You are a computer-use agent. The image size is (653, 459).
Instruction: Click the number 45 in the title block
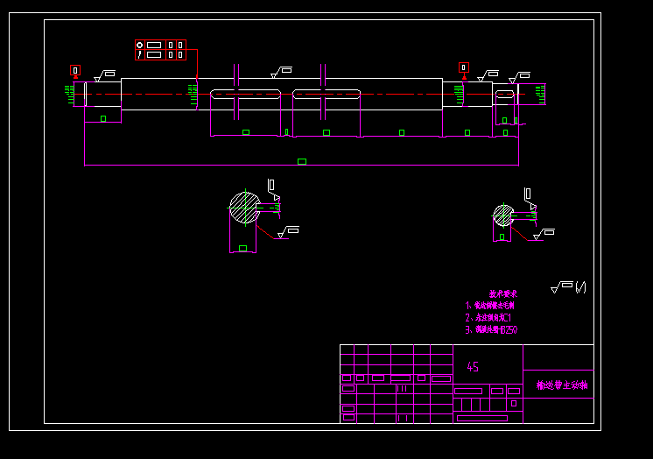tap(473, 367)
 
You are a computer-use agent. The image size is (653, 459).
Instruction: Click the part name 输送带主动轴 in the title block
tap(561, 385)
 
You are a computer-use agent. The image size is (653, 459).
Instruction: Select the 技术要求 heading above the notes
tap(502, 293)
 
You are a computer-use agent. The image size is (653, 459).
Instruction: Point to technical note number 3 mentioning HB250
tap(491, 330)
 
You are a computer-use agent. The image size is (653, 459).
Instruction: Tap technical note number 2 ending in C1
tap(488, 318)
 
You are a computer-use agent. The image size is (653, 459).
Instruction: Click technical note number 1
tap(489, 306)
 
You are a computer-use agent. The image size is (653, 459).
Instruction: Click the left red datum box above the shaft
tap(75, 70)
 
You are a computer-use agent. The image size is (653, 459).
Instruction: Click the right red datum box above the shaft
tap(464, 67)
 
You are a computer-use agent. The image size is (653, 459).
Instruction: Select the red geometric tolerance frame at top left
tap(160, 49)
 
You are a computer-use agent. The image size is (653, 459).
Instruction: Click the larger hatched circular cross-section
tap(244, 208)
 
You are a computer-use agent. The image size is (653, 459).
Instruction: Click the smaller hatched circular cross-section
tap(503, 215)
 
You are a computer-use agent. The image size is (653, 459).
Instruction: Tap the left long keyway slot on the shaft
tap(245, 94)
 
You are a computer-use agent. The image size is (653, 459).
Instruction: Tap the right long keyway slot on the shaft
tap(326, 94)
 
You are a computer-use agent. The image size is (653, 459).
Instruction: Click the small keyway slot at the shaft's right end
tap(505, 94)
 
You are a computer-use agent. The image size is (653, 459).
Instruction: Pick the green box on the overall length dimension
tap(302, 161)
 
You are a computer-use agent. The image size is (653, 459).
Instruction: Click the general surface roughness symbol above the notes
tap(562, 286)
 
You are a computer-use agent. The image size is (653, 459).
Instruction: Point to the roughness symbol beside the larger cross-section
tap(288, 232)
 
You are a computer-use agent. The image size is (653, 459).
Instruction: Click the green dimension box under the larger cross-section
tap(242, 249)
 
